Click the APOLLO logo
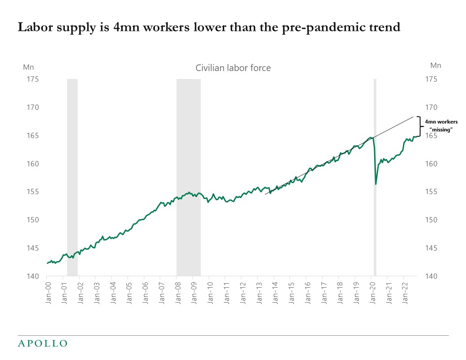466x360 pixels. pyautogui.click(x=42, y=343)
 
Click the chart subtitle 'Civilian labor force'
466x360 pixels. pyautogui.click(x=233, y=68)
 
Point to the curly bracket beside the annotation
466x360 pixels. pyautogui.click(x=419, y=126)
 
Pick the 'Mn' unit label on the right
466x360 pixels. pyautogui.click(x=436, y=65)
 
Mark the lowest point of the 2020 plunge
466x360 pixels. pyautogui.click(x=376, y=184)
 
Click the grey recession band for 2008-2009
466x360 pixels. pyautogui.click(x=188, y=176)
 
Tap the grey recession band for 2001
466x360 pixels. pyautogui.click(x=72, y=176)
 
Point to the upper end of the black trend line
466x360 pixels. pyautogui.click(x=413, y=116)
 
